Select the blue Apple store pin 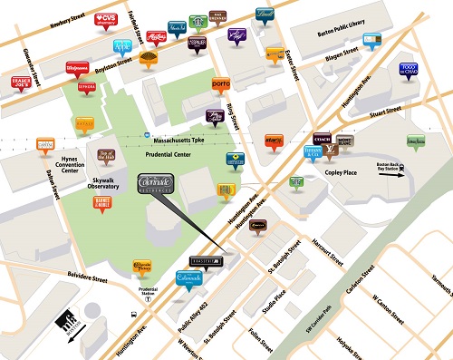(x=122, y=45)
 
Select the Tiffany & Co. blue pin (x=311, y=153)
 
